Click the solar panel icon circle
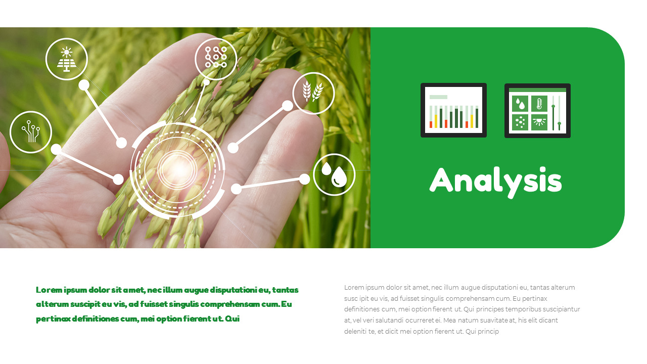(x=66, y=59)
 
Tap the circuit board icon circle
(x=31, y=132)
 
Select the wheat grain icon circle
(x=313, y=93)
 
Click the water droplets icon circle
(x=334, y=174)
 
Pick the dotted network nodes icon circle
(x=216, y=59)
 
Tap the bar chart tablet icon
(x=453, y=110)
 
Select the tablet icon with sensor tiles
(x=537, y=111)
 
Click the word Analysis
(x=495, y=180)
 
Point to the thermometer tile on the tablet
(x=539, y=104)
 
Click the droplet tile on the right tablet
(x=520, y=104)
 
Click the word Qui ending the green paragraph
(x=232, y=319)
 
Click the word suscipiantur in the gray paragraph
(x=560, y=309)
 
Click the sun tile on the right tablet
(x=539, y=122)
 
